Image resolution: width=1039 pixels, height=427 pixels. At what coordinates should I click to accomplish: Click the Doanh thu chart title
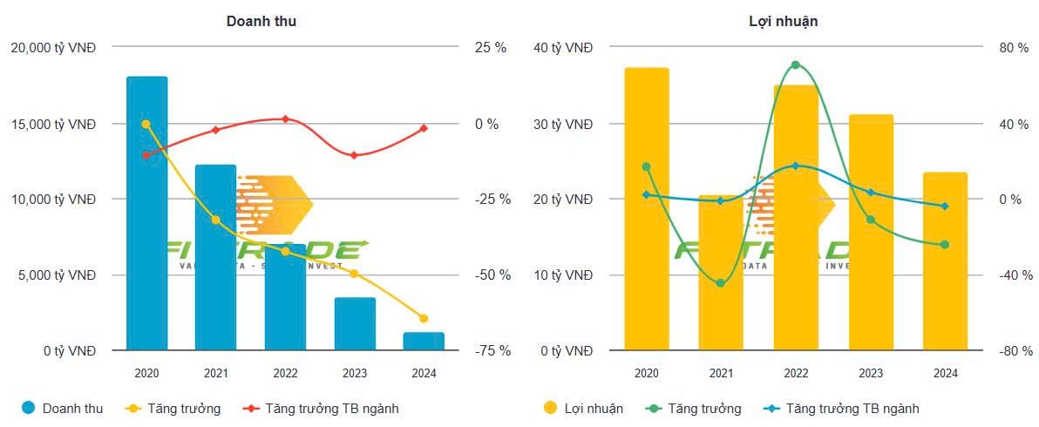coord(261,21)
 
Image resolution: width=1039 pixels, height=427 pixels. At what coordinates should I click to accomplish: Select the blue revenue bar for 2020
coord(146,213)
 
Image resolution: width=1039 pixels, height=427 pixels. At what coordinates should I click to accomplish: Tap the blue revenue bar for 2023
coord(354,324)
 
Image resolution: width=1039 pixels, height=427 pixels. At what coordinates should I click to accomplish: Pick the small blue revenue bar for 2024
coord(424,341)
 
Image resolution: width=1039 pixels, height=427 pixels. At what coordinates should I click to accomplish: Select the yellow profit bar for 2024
coord(945,261)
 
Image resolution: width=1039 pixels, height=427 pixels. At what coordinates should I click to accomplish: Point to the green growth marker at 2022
coord(795,64)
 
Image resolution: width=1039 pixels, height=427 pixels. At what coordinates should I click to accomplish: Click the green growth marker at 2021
coord(720,283)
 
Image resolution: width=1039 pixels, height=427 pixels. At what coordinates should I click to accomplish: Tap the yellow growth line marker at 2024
coord(424,318)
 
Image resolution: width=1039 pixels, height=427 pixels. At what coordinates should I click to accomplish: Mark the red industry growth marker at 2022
coord(285,119)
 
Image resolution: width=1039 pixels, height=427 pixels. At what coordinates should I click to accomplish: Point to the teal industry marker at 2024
coord(945,207)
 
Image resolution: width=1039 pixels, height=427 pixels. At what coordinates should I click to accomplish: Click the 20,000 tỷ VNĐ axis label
coord(53,48)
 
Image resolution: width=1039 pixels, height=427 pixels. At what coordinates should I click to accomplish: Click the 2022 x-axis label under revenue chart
coord(285,373)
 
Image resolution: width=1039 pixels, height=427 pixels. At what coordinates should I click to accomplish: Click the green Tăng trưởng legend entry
coord(695,408)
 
